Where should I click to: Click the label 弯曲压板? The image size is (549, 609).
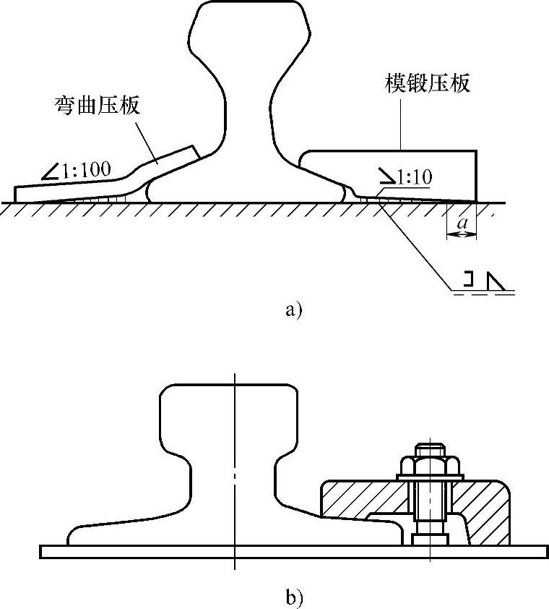click(x=98, y=106)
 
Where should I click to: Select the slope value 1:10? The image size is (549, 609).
click(x=413, y=176)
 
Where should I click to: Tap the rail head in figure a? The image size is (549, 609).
click(x=248, y=29)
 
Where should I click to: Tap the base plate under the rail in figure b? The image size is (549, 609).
click(x=144, y=551)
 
